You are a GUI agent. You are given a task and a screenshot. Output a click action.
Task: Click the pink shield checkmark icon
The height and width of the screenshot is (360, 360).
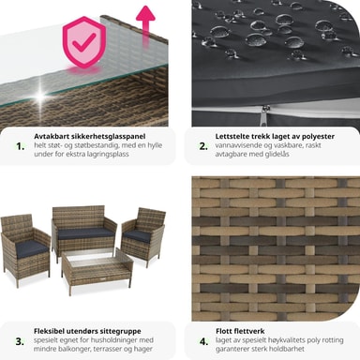(83, 42)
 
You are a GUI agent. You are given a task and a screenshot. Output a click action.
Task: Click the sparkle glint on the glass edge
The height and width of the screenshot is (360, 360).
(40, 96)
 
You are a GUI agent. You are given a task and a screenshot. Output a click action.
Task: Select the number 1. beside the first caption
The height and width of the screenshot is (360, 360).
(21, 146)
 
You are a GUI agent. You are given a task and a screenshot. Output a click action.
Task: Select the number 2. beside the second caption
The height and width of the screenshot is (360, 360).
(203, 146)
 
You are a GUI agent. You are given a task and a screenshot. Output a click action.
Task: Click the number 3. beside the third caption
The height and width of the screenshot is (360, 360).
(20, 341)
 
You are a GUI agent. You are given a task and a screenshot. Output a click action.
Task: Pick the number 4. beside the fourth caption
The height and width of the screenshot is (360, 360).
(203, 341)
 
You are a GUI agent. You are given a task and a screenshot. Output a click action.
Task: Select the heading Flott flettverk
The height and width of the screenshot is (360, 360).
(240, 331)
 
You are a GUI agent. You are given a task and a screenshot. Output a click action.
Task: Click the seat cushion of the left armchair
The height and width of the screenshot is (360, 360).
(31, 248)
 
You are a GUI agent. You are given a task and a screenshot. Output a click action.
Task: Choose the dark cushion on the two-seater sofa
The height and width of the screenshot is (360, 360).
(83, 233)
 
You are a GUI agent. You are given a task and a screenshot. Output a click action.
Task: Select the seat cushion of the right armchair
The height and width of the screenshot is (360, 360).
(139, 236)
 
